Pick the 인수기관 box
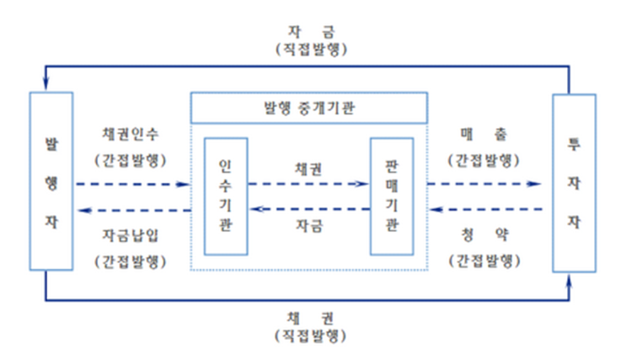point(225,196)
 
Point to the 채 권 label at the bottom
point(309,320)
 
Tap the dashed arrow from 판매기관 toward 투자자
point(483,183)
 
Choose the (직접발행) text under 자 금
point(309,48)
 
